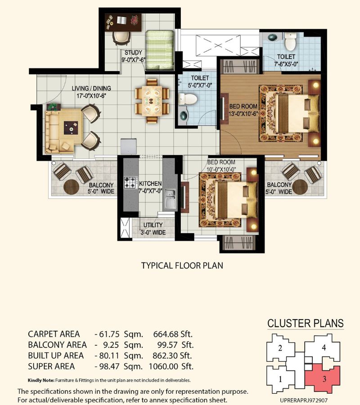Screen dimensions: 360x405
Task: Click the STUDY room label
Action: coord(133,53)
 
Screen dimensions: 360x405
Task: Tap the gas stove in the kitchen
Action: coord(130,182)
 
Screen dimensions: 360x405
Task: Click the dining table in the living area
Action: coord(152,100)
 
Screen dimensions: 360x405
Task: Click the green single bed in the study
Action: coord(159,50)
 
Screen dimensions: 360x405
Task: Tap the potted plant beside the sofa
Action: coord(54,107)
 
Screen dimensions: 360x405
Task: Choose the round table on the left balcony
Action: coord(71,187)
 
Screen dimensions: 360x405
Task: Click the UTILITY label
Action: coord(153,225)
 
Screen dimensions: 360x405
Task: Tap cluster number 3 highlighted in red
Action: coord(324,379)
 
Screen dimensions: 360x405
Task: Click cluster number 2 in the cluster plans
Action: coord(280,348)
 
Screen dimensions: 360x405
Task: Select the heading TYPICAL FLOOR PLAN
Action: coord(182,265)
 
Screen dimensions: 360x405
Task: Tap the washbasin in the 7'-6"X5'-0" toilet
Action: coord(272,37)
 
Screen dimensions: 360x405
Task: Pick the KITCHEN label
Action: coord(150,184)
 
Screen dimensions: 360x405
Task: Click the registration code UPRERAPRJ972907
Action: coord(304,400)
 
